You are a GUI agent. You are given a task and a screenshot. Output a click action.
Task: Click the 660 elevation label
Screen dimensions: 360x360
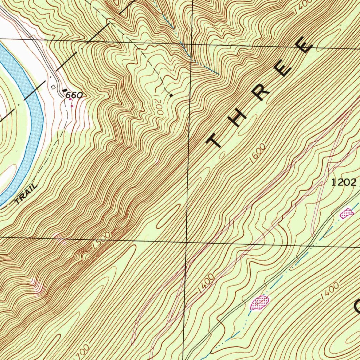point(75,95)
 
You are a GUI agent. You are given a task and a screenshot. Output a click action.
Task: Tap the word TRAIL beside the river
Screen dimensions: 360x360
point(26,194)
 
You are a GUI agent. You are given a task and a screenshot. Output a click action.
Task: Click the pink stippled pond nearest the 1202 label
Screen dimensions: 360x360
point(347,212)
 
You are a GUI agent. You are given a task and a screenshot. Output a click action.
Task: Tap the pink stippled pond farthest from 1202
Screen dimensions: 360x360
point(259,302)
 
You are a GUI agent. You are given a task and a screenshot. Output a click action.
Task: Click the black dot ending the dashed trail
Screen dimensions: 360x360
point(171,95)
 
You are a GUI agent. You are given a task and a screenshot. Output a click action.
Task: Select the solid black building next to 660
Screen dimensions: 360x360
point(64,90)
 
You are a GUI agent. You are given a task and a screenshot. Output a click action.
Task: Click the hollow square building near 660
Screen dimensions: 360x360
point(53,87)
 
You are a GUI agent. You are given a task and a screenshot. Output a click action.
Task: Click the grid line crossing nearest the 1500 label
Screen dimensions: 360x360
point(186,242)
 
